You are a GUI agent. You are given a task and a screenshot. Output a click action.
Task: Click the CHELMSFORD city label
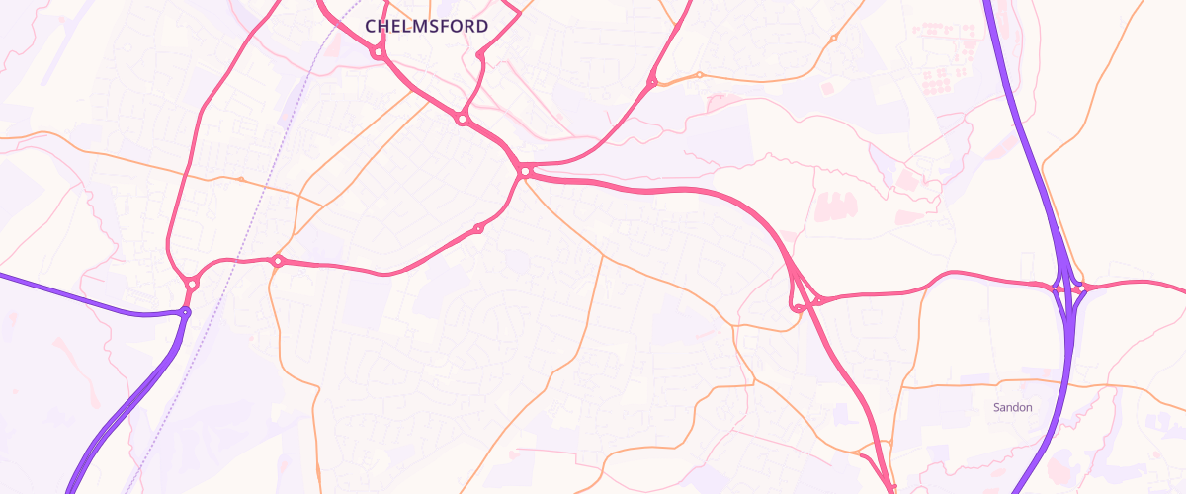pyautogui.click(x=426, y=26)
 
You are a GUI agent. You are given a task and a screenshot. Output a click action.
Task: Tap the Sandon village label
pyautogui.click(x=1012, y=407)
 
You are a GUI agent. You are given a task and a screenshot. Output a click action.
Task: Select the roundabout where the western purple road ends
pyautogui.click(x=184, y=312)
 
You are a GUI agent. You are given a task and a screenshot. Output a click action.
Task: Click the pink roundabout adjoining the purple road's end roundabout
pyautogui.click(x=192, y=284)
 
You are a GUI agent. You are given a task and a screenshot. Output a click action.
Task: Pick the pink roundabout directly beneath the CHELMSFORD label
pyautogui.click(x=378, y=53)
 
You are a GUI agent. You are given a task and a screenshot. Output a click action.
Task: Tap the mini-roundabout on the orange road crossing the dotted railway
pyautogui.click(x=240, y=179)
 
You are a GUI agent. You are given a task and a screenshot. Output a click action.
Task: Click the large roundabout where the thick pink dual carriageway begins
pyautogui.click(x=525, y=172)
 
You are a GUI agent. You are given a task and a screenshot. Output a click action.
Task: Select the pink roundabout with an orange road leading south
pyautogui.click(x=278, y=261)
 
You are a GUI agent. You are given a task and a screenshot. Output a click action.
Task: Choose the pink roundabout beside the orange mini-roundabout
pyautogui.click(x=652, y=81)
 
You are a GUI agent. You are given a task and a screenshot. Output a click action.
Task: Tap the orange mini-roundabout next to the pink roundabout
pyautogui.click(x=699, y=74)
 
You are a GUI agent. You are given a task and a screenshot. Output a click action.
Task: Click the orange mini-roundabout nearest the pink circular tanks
pyautogui.click(x=833, y=39)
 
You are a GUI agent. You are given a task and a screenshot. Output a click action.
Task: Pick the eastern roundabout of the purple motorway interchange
pyautogui.click(x=1080, y=288)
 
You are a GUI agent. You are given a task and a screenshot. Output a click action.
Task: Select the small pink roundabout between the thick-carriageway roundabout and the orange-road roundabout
pyautogui.click(x=478, y=228)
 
